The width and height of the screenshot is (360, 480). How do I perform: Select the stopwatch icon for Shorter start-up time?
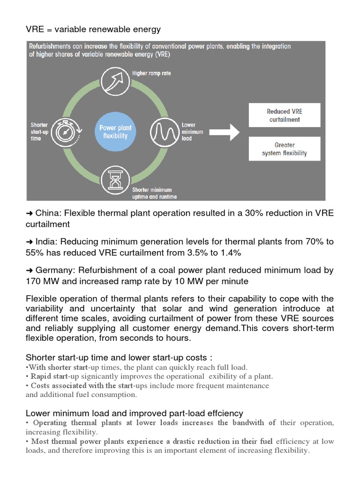pyautogui.click(x=65, y=132)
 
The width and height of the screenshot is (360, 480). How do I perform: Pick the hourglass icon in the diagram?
pyautogui.click(x=115, y=180)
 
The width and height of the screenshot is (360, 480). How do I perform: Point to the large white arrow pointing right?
pyautogui.click(x=223, y=132)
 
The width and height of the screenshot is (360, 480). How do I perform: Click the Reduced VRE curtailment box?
pyautogui.click(x=285, y=116)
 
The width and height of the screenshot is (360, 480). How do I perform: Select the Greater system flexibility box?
pyautogui.click(x=285, y=149)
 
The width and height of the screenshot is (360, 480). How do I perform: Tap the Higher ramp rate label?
pyautogui.click(x=151, y=73)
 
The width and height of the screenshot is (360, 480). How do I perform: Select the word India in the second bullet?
pyautogui.click(x=45, y=242)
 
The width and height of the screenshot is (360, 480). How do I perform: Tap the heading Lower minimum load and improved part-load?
pyautogui.click(x=134, y=413)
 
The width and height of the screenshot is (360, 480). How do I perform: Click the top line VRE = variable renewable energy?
pyautogui.click(x=93, y=30)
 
